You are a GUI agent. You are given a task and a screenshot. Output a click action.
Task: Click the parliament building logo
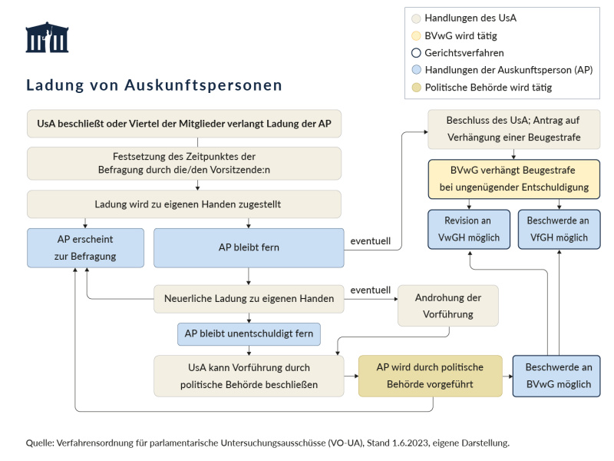pos(47,38)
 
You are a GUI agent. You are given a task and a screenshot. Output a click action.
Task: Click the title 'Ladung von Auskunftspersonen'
pos(153,85)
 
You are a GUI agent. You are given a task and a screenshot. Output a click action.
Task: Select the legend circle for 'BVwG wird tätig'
pos(416,35)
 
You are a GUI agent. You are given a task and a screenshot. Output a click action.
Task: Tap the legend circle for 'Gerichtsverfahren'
pos(416,53)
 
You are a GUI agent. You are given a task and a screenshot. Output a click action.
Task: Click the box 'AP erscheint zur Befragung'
pos(85,247)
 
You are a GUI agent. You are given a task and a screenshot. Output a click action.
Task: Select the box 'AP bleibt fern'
pos(249,247)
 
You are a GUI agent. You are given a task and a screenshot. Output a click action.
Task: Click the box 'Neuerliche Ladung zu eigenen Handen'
pos(249,298)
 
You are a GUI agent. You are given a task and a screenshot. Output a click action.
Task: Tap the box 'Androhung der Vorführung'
pos(447,305)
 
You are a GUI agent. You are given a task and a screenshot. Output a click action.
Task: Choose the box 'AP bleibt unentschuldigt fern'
pos(249,335)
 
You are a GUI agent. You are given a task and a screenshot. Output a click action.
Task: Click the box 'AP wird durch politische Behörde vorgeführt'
pos(430,375)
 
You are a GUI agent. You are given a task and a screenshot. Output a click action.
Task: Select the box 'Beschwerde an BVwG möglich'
pos(556,375)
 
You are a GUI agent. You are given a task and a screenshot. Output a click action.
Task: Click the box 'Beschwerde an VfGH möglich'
pos(558,229)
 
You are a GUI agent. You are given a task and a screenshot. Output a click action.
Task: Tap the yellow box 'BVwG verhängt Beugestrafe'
pos(513,177)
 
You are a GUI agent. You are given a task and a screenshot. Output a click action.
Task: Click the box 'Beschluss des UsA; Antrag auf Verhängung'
pos(513,129)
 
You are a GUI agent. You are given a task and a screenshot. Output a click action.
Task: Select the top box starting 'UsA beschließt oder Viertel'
pos(184,123)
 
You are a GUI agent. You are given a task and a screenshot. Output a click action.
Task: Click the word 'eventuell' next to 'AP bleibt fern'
pos(371,241)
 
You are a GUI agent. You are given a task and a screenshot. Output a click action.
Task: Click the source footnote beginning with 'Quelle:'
pos(268,443)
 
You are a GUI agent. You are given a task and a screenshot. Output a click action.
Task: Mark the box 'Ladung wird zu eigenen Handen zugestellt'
pos(184,204)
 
